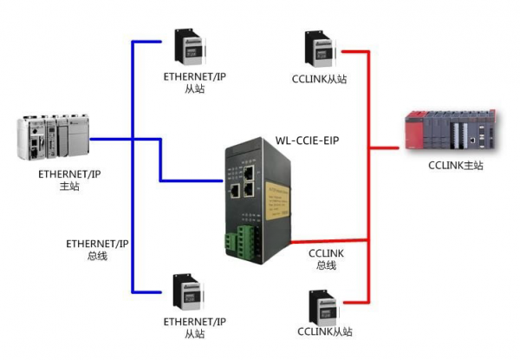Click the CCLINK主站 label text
tap(450, 166)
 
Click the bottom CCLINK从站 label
tap(325, 332)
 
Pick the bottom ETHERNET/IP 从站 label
tap(193, 327)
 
